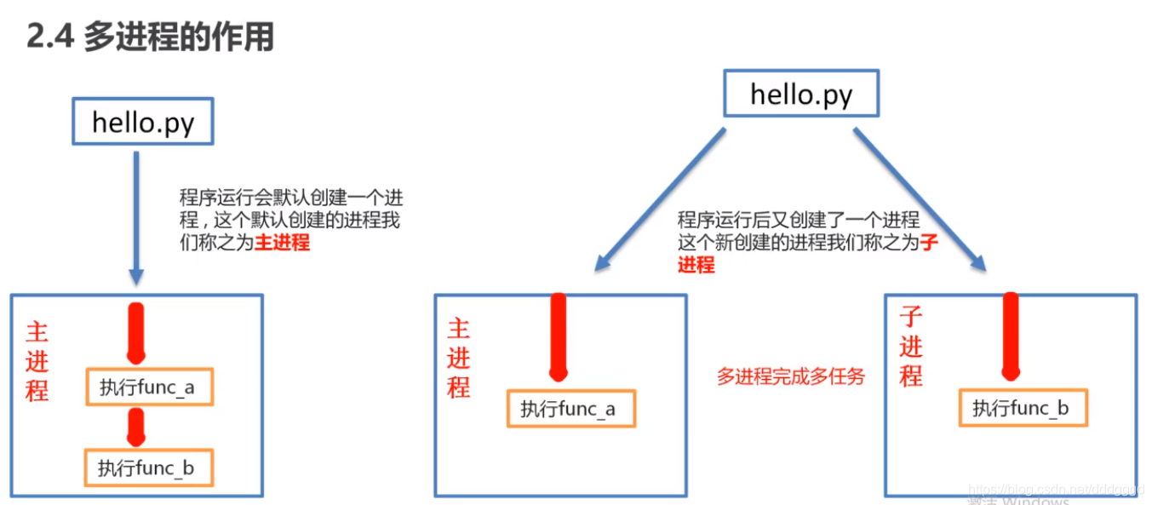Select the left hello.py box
click(143, 123)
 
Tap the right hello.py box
click(800, 94)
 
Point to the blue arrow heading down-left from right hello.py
click(660, 200)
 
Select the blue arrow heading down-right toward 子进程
click(920, 200)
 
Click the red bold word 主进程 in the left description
click(283, 244)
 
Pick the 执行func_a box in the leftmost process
click(148, 387)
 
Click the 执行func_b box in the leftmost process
click(147, 468)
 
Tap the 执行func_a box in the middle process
click(570, 410)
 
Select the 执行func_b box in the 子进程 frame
click(1023, 409)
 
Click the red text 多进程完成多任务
click(790, 376)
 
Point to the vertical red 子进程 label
click(911, 347)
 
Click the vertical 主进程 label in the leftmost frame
click(37, 361)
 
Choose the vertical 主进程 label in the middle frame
click(459, 359)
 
